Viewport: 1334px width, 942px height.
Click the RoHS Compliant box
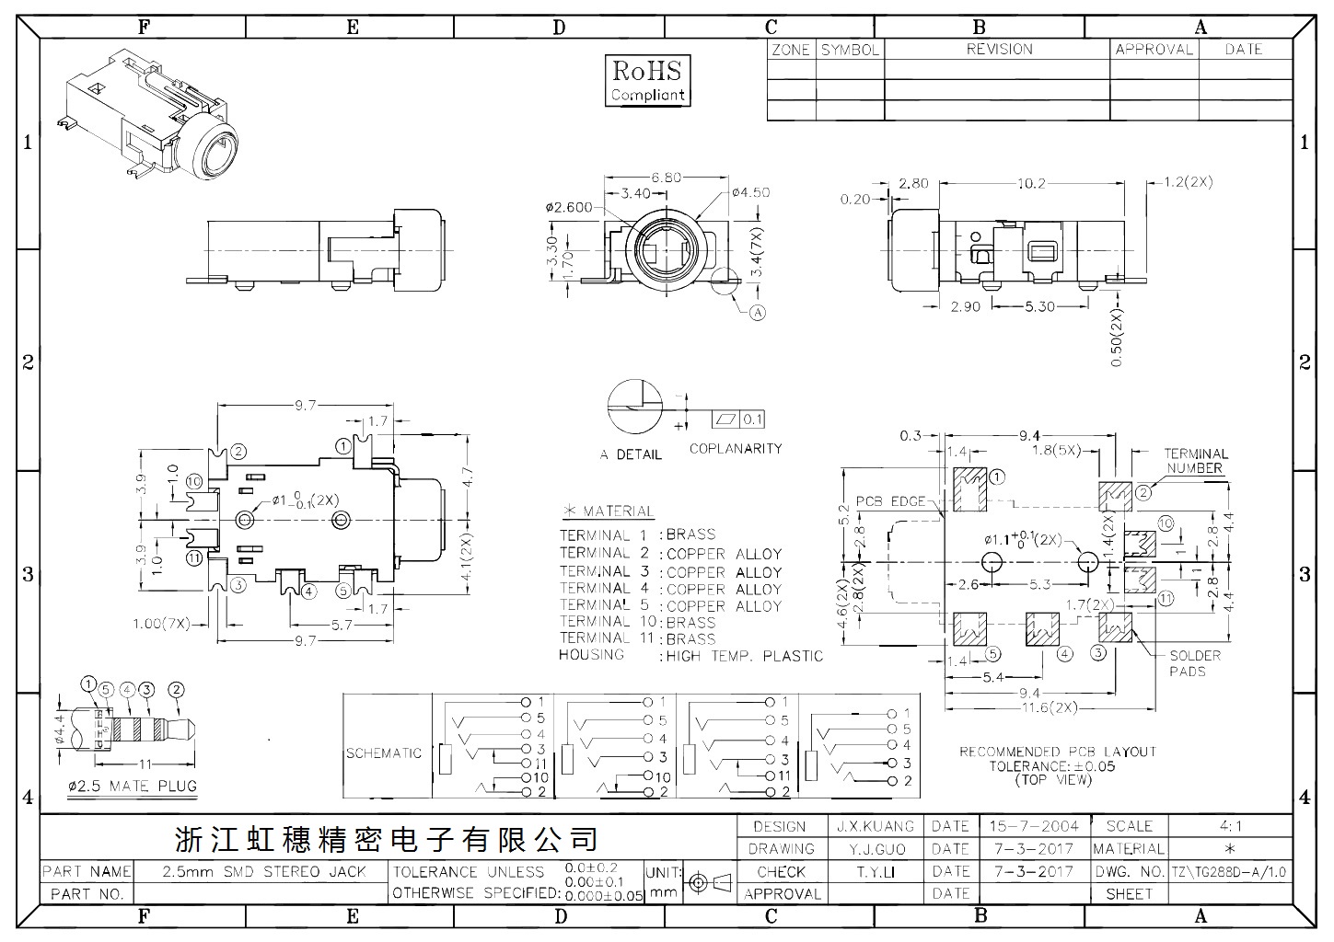(x=648, y=81)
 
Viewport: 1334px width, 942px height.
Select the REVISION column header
(x=999, y=50)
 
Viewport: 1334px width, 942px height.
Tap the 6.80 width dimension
(x=666, y=178)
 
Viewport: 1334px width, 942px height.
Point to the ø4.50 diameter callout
(x=751, y=192)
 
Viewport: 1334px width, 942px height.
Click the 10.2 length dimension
(x=1031, y=183)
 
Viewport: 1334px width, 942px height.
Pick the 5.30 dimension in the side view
(x=1039, y=306)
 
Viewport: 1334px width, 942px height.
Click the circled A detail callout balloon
(x=757, y=313)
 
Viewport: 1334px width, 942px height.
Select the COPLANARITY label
(x=736, y=449)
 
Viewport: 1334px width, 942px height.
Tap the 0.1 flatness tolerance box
(x=738, y=419)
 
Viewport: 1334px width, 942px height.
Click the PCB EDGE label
(x=890, y=501)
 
